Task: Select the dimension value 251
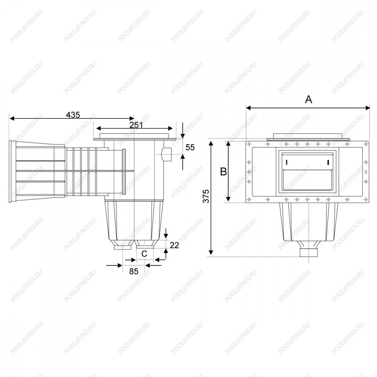click(136, 125)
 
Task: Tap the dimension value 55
click(190, 147)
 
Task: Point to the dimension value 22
click(175, 245)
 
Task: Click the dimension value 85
click(134, 271)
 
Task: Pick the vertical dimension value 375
click(206, 196)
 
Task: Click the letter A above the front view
click(308, 99)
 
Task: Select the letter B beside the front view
click(224, 172)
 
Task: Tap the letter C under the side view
click(144, 254)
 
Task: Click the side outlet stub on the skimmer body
click(167, 154)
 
